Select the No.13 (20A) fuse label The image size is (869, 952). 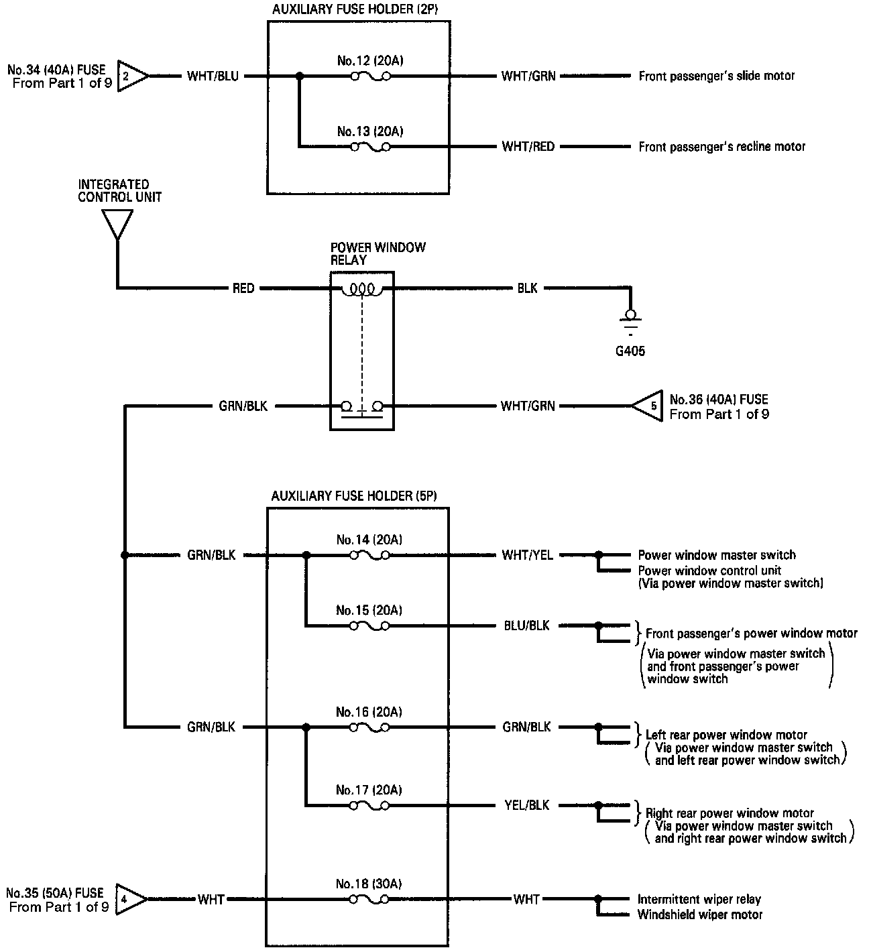point(370,131)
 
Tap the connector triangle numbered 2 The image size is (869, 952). point(131,76)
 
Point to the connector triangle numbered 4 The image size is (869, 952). point(130,899)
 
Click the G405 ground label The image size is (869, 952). point(630,350)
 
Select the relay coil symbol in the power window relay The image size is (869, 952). point(362,289)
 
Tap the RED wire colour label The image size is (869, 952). point(243,288)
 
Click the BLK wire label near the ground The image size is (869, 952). point(527,288)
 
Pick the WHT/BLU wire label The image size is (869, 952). point(213,76)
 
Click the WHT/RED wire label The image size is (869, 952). point(528,146)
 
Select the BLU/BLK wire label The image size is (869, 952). point(527,626)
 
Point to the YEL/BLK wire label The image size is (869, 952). point(527,805)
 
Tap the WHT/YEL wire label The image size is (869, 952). point(528,555)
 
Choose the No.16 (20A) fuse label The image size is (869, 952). point(369,712)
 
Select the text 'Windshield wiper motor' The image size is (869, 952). point(700,914)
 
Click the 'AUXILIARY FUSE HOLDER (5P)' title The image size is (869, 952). point(354,496)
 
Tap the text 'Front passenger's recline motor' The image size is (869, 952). point(722,146)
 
